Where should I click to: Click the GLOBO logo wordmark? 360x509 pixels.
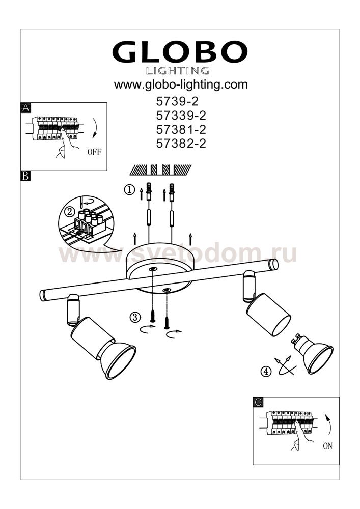click(180, 51)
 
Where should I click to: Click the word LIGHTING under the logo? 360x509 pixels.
click(178, 70)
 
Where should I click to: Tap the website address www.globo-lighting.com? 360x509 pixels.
click(181, 84)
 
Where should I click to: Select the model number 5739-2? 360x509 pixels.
click(177, 102)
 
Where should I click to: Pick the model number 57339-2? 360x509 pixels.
click(181, 116)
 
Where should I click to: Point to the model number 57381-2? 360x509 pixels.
click(181, 129)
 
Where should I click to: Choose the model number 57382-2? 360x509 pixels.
click(181, 143)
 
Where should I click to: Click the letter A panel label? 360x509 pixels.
click(25, 108)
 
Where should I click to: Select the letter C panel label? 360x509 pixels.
click(258, 402)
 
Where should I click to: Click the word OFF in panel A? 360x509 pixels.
click(95, 152)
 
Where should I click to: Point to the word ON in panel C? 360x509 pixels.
click(328, 446)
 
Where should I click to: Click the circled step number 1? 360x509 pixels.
click(129, 189)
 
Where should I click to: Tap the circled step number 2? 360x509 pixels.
click(69, 212)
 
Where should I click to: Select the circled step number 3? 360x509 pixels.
click(135, 317)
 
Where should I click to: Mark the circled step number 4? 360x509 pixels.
click(266, 371)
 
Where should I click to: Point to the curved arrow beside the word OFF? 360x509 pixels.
click(95, 128)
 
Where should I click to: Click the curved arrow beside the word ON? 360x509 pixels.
click(328, 424)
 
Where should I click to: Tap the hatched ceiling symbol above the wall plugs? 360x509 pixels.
click(160, 169)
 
